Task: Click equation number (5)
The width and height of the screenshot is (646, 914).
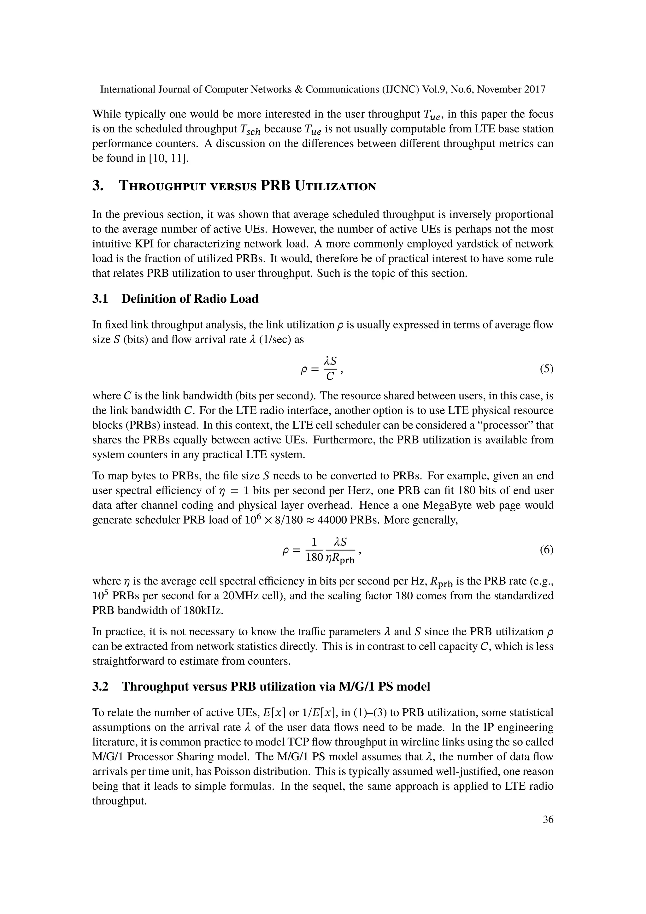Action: (x=546, y=369)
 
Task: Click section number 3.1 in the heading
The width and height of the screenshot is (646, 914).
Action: (x=100, y=299)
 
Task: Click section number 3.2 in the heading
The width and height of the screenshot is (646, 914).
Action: (x=100, y=686)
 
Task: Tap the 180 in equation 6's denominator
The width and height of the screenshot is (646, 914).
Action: (x=314, y=558)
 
